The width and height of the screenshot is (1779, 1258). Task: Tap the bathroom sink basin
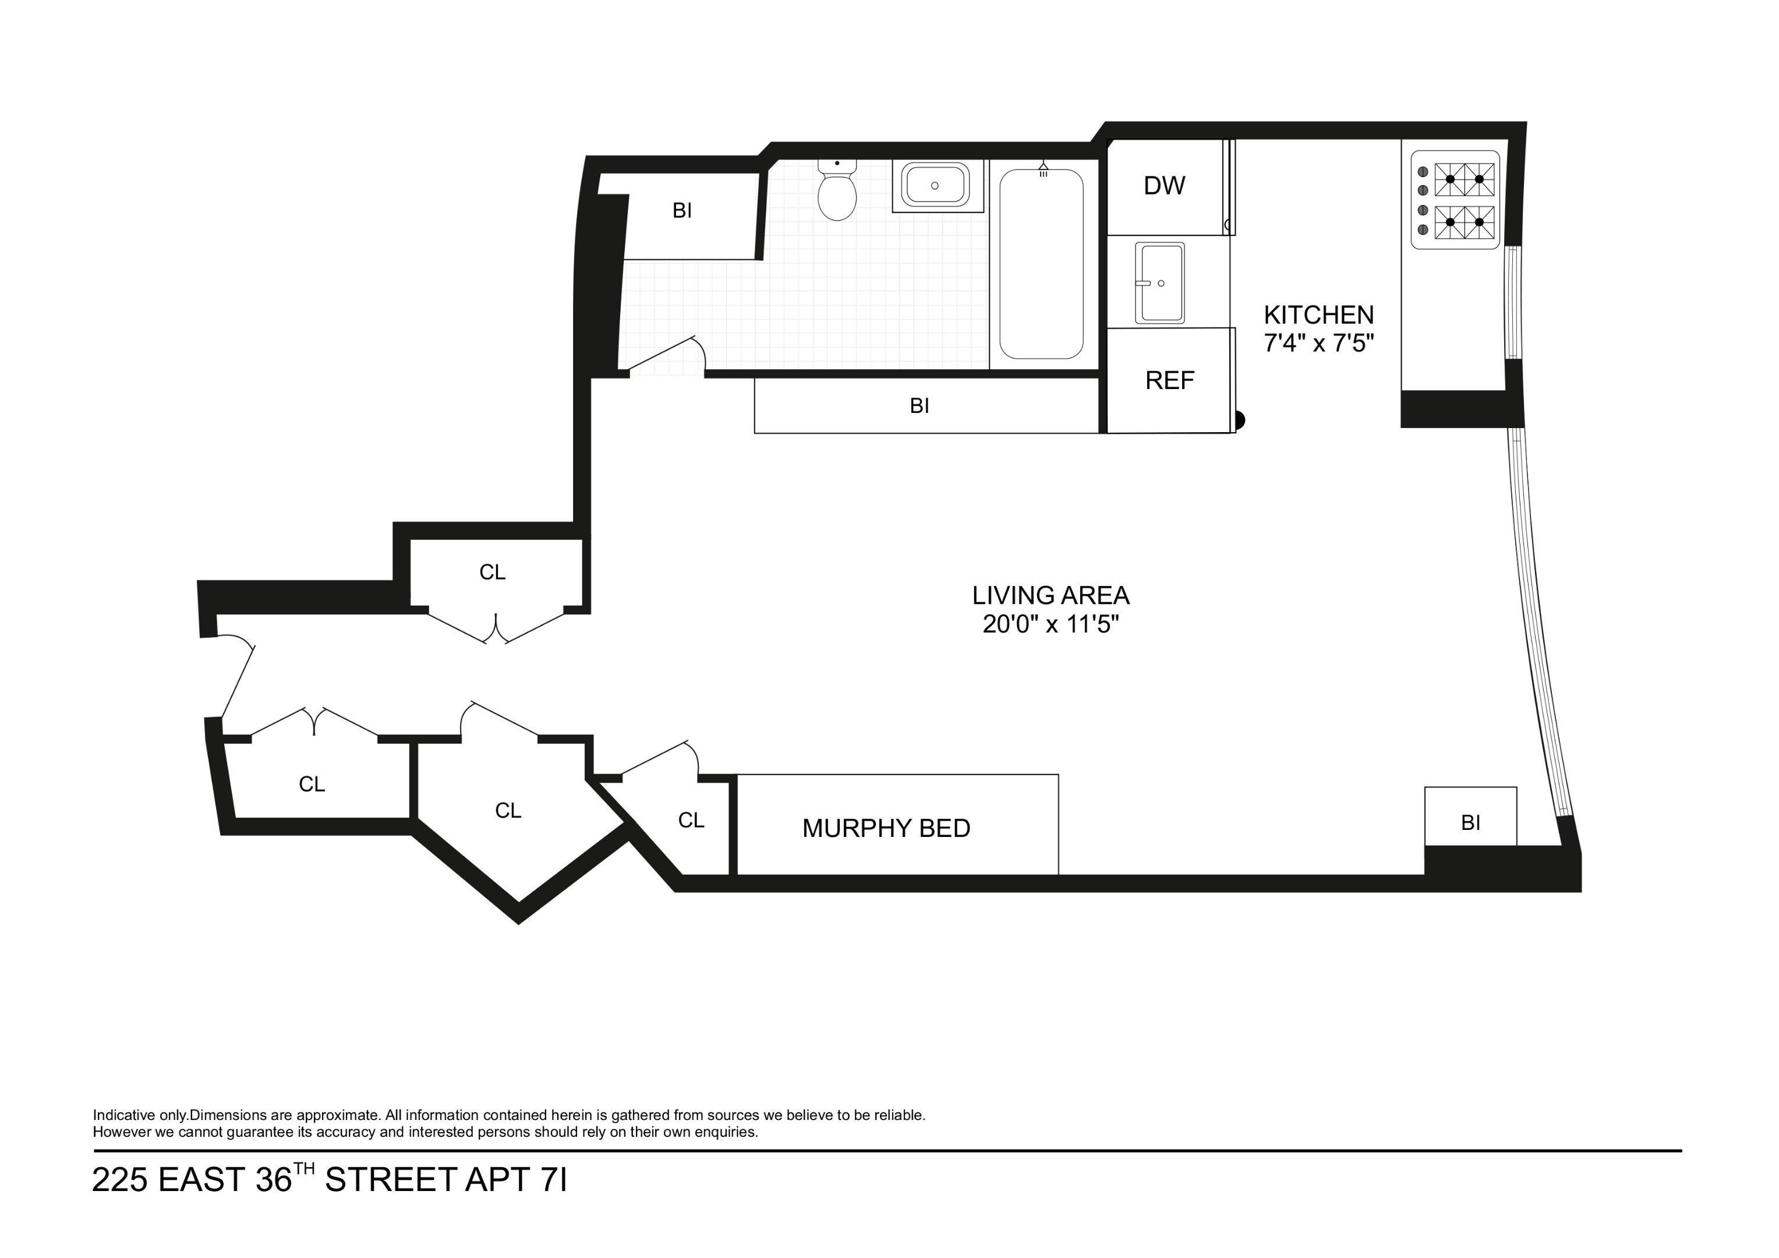coord(935,186)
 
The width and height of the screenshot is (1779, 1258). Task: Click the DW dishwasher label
coord(1164,186)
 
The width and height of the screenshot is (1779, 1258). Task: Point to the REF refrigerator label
coord(1169,380)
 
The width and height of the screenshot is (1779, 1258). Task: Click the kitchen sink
coord(1159,283)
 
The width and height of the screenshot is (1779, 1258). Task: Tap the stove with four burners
coord(1455,200)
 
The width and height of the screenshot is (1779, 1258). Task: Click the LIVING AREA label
coord(1051,596)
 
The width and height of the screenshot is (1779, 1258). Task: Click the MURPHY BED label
coord(886,829)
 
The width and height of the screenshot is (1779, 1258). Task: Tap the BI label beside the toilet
coord(682,211)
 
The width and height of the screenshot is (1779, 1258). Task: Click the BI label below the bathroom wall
coord(919,406)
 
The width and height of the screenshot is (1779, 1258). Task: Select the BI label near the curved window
coord(1470,823)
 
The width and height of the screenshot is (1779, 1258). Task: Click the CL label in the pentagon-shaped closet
coord(508,811)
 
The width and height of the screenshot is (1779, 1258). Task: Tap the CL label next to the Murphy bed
coord(691,821)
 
